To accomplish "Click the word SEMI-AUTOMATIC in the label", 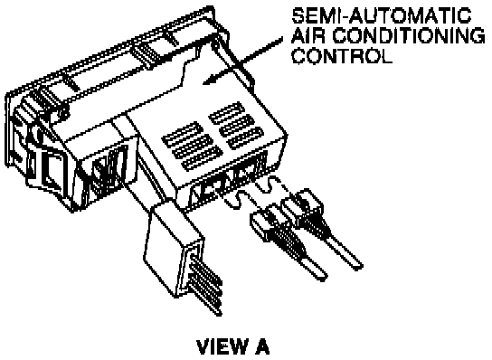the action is click(x=382, y=15).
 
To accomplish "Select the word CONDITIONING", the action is click(x=408, y=36).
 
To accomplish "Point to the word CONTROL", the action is click(x=342, y=55).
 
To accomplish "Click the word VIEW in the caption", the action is click(x=221, y=346).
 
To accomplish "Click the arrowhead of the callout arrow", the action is click(x=210, y=81).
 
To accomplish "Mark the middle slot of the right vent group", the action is click(x=236, y=125).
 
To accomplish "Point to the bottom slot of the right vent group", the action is click(x=246, y=137).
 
